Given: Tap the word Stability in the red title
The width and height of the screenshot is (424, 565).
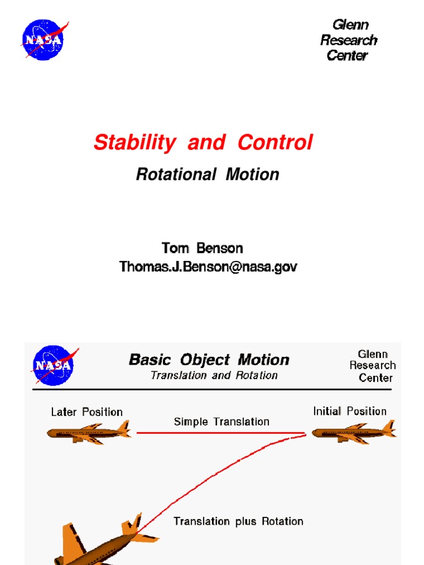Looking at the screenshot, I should point(134,143).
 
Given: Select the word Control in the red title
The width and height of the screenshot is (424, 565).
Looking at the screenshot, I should point(275,142).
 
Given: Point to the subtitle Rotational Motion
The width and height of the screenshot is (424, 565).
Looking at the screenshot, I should point(208,175).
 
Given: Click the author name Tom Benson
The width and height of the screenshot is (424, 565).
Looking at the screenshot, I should point(202,248).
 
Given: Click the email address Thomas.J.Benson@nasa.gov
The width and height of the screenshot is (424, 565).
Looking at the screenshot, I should point(208,267).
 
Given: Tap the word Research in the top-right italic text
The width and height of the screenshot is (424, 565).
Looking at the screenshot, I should point(348,40).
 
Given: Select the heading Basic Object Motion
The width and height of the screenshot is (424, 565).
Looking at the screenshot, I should point(209,360).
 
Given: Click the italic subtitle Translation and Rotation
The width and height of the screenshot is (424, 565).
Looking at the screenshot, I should point(214,376).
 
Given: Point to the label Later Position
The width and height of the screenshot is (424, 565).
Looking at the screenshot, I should point(87,412).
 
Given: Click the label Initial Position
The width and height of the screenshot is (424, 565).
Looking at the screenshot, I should point(349,411).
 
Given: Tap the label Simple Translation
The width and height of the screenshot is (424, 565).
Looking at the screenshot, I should point(221,422).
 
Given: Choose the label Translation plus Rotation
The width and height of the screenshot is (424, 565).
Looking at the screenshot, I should point(238,521).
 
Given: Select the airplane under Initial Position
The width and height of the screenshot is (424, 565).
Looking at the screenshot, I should point(353,433).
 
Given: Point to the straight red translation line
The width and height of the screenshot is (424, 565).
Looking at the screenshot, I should point(221,433).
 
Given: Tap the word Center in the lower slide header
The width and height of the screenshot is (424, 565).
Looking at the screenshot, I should point(375,378).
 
